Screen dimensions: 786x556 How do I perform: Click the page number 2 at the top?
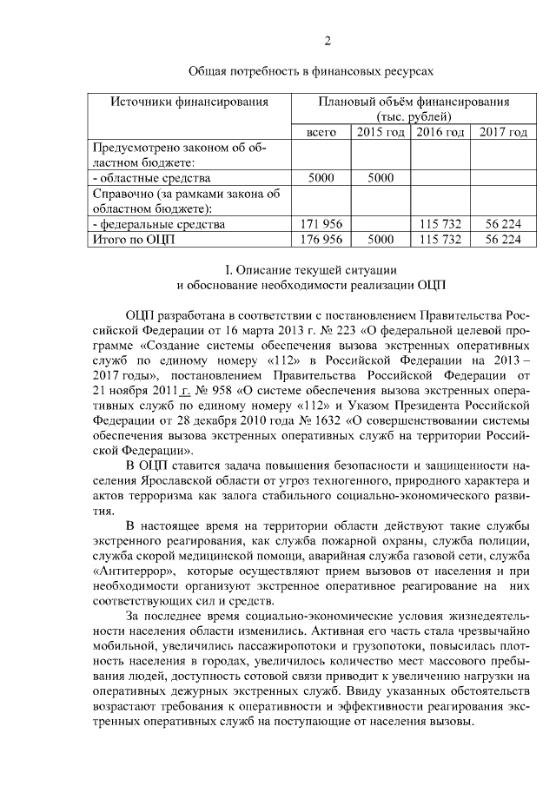coord(328,41)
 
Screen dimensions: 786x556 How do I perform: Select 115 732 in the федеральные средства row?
coord(440,224)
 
